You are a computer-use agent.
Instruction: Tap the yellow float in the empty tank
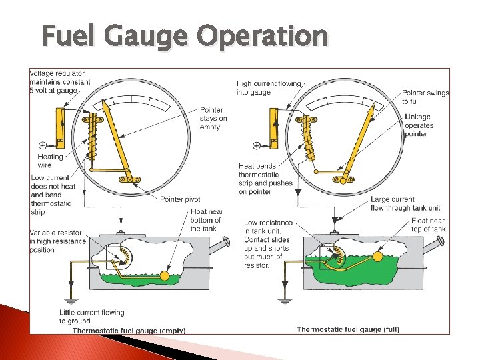tap(165, 275)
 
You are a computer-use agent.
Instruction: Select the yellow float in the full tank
tap(378, 256)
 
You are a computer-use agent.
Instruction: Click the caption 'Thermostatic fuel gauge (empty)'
tap(129, 330)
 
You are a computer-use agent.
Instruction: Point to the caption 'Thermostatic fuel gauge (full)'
tap(348, 329)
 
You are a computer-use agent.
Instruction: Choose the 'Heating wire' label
tap(50, 161)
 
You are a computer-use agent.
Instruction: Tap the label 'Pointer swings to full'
tap(425, 97)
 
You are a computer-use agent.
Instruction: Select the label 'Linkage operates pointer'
tap(418, 125)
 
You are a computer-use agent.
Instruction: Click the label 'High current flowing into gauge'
tap(269, 87)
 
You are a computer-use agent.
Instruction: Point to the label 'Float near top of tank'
tap(428, 225)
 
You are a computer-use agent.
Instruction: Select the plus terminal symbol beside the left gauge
tap(43, 145)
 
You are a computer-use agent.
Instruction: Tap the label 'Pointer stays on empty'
tap(213, 119)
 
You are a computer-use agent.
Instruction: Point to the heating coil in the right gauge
tap(307, 139)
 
